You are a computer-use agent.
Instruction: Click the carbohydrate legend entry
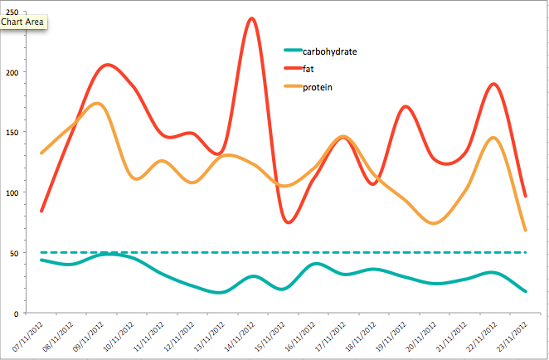pos(329,51)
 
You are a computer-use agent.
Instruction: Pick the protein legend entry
pos(317,86)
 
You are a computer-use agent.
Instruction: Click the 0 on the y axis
pos(16,314)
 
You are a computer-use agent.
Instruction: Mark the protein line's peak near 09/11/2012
pos(97,104)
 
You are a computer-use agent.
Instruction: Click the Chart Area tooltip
pos(23,22)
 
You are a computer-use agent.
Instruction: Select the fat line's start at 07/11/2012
pos(41,211)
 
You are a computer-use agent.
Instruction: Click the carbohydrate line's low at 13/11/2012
pos(221,292)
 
